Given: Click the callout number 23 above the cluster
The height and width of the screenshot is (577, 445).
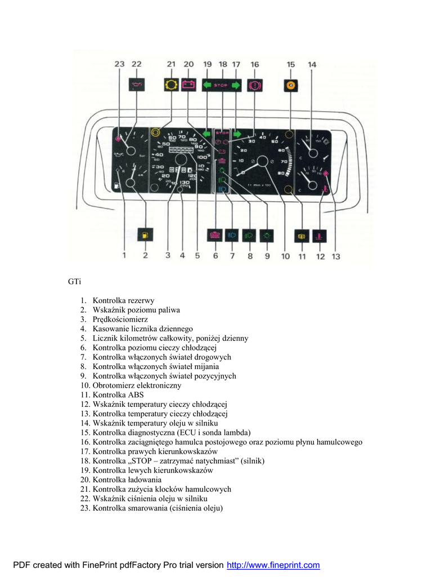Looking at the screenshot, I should click(x=119, y=65).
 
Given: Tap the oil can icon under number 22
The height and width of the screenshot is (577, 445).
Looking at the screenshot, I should click(x=136, y=85).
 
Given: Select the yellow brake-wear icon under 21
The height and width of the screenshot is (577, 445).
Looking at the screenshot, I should click(x=170, y=85).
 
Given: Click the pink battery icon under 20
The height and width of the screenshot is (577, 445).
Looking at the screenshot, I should click(x=188, y=85).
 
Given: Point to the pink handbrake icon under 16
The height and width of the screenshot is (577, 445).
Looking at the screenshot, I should click(x=254, y=85).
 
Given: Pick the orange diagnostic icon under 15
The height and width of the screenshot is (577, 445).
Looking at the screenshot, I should click(x=291, y=85).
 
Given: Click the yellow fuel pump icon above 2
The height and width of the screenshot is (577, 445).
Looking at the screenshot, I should click(x=145, y=235).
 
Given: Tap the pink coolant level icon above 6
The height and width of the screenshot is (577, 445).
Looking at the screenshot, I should click(x=215, y=235).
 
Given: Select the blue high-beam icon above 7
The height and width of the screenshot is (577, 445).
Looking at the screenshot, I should click(x=232, y=235).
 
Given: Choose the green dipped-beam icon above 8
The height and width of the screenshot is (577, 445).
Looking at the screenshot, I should click(x=249, y=235).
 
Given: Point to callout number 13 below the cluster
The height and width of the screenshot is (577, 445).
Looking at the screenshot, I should click(x=335, y=256).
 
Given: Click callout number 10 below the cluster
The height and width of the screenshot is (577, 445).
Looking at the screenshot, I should click(x=285, y=256).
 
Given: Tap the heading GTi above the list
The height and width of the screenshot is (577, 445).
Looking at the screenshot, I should click(x=74, y=281).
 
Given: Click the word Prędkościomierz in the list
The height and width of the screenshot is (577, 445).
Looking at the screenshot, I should click(x=120, y=319).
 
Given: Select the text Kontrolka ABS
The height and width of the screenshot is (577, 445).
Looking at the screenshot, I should click(x=118, y=395).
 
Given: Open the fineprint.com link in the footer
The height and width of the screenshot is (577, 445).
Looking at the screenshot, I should click(x=273, y=565).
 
